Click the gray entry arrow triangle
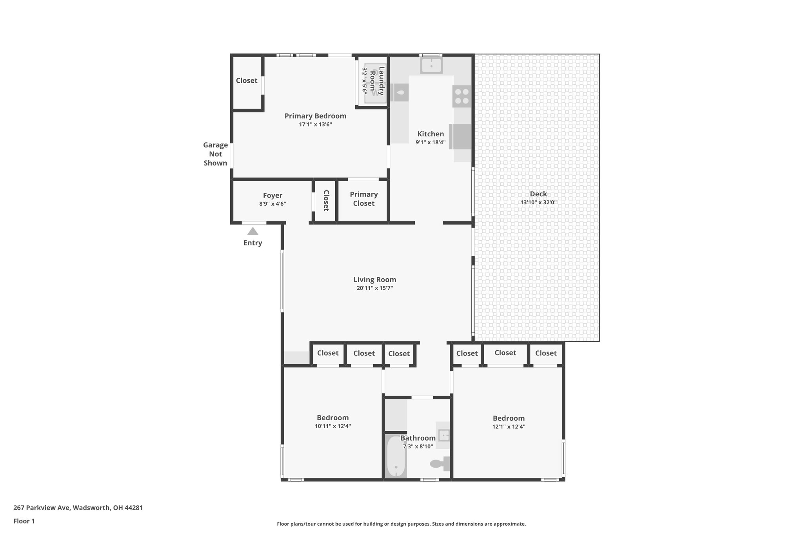coord(253,231)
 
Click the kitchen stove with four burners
coord(461,96)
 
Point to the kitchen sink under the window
coord(431,65)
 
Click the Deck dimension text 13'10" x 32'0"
coord(538,203)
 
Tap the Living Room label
coord(375,279)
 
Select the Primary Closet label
coord(363,199)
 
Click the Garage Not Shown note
coord(215,154)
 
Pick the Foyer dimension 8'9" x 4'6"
coord(273,204)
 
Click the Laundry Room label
coord(376,81)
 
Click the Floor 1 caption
coord(24,521)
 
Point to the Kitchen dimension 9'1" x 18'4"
coord(431,142)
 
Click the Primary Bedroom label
coord(315,116)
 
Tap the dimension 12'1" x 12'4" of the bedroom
coord(509,427)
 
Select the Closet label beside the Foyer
coord(326,200)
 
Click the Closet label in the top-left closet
coord(247,80)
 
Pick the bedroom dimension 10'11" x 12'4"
coord(332,426)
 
